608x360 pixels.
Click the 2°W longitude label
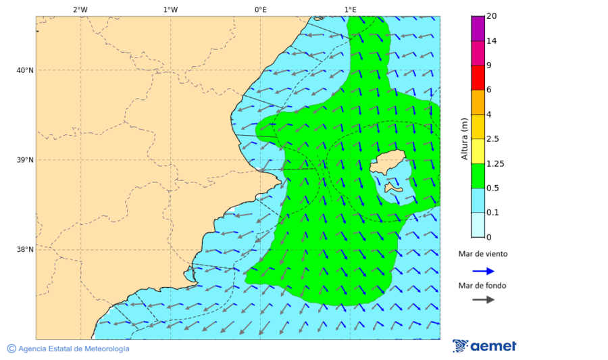[80, 9]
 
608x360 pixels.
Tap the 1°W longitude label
[170, 9]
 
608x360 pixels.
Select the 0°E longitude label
[260, 9]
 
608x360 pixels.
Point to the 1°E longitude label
[350, 9]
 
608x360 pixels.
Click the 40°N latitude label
[24, 70]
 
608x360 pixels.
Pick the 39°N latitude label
[24, 160]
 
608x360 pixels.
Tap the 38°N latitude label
[24, 250]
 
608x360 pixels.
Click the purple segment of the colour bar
[478, 28]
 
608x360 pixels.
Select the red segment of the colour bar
[478, 78]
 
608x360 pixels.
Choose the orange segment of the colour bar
[478, 102]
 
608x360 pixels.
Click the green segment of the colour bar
[478, 176]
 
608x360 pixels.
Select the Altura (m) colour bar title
[464, 138]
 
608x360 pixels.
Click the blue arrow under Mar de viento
[483, 271]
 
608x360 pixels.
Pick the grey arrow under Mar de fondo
[483, 300]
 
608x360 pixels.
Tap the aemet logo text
[493, 346]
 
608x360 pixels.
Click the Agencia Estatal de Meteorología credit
[74, 349]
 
